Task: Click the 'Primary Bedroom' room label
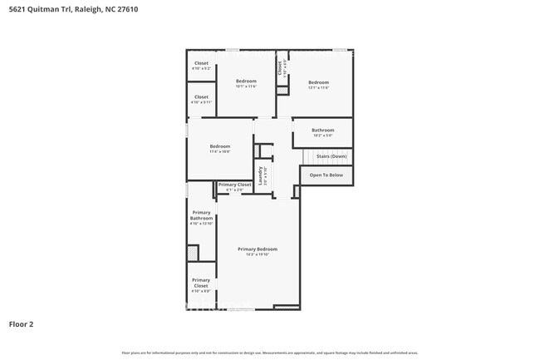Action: [x=257, y=249]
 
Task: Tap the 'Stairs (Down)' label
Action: [x=331, y=155]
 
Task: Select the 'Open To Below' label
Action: [x=326, y=175]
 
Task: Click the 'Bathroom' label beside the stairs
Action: [x=323, y=131]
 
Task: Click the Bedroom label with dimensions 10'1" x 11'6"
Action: [x=246, y=81]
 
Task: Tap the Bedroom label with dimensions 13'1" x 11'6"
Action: [x=319, y=82]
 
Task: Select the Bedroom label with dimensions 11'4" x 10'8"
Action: [x=219, y=146]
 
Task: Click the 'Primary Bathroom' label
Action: [x=201, y=215]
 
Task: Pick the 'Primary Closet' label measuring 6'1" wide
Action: [x=234, y=185]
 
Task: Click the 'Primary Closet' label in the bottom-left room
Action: [x=201, y=283]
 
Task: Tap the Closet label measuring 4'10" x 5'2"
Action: [x=201, y=63]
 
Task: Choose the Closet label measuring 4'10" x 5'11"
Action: [x=201, y=97]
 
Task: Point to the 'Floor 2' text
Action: [x=21, y=323]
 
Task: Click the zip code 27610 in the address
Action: [x=126, y=9]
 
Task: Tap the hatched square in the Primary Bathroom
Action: [x=193, y=253]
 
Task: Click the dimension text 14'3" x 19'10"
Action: [x=257, y=254]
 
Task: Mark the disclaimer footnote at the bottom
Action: [x=270, y=353]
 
